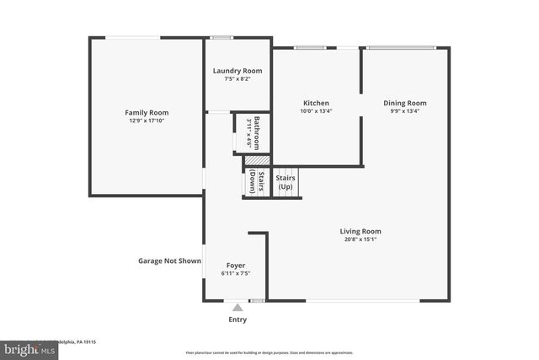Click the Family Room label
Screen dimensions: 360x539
147,112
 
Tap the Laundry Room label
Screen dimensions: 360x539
237,71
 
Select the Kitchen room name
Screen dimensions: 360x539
316,103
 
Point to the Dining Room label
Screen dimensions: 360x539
404,103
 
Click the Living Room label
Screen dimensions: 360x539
360,231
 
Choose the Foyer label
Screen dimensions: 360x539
236,266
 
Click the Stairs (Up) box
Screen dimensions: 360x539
286,182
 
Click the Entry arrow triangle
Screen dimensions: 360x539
237,308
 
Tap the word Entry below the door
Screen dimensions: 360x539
237,320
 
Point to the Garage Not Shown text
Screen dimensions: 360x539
169,261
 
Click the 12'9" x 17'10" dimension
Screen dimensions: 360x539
147,121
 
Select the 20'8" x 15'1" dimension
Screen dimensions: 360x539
360,239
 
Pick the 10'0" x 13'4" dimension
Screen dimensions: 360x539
316,111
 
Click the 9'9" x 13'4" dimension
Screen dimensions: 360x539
404,111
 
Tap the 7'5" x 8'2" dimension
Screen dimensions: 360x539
237,79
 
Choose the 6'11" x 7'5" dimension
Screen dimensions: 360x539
236,274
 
